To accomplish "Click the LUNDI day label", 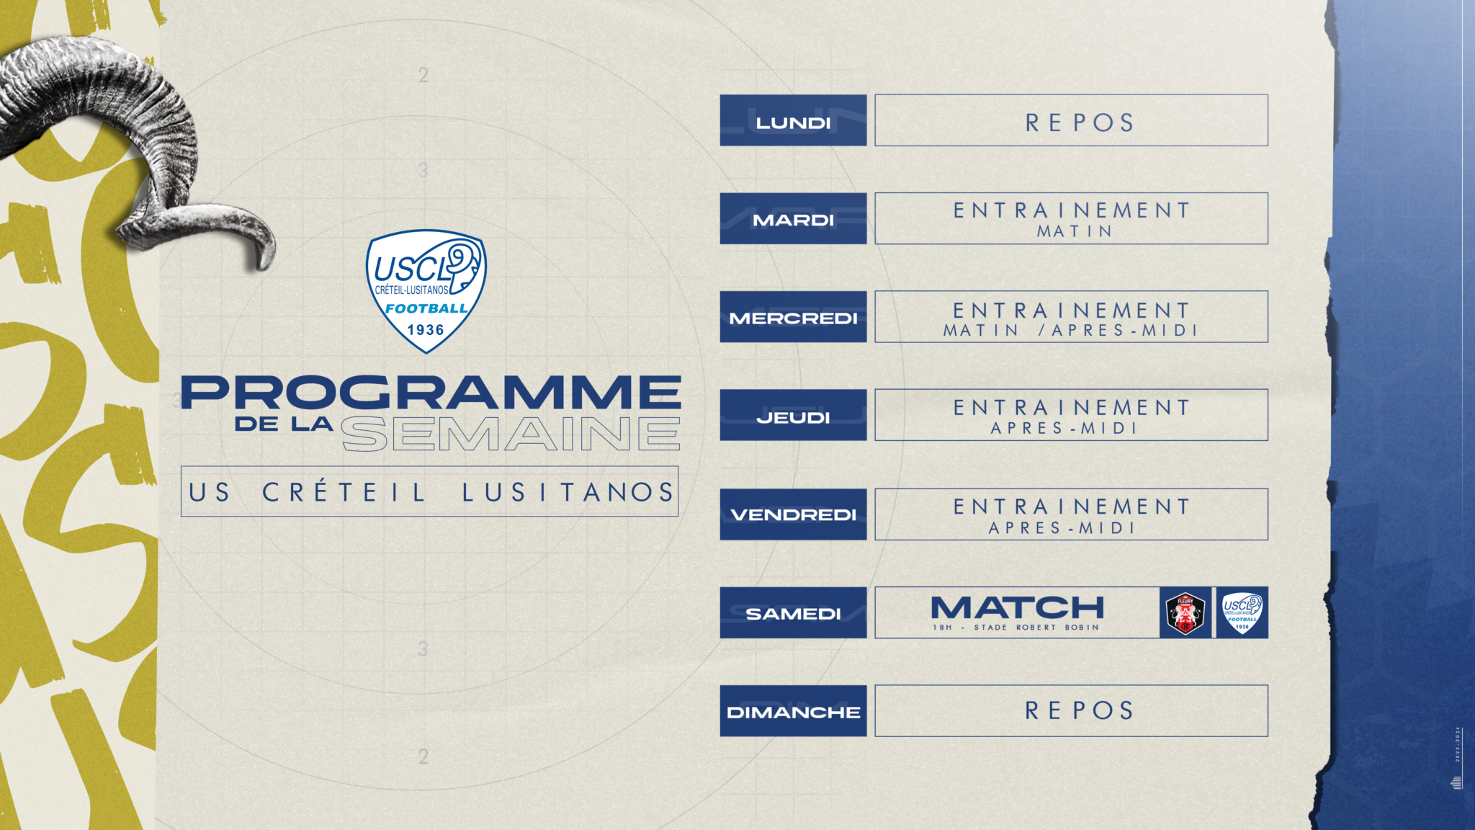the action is click(x=793, y=122).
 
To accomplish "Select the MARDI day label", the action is click(x=793, y=220).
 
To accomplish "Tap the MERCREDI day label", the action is click(x=793, y=318).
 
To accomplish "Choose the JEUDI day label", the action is click(x=793, y=417).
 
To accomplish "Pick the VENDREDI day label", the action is click(x=793, y=515).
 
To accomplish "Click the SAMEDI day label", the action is click(x=793, y=614).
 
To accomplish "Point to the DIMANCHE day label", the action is click(x=793, y=713).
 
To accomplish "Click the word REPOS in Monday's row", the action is click(x=1080, y=122).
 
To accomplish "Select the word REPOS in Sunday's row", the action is click(x=1080, y=710).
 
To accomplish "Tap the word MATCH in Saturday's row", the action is click(x=1017, y=608).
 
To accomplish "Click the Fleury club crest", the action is click(x=1185, y=613).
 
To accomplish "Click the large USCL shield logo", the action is click(x=426, y=291).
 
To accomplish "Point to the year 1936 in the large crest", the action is click(x=426, y=330).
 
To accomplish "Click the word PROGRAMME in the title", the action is click(x=431, y=392).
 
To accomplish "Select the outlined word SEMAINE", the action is click(x=511, y=434).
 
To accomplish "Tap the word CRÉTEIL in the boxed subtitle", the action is click(x=344, y=492).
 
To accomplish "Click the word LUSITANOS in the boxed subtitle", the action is click(x=568, y=492).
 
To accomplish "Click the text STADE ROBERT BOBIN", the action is click(x=1036, y=628).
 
